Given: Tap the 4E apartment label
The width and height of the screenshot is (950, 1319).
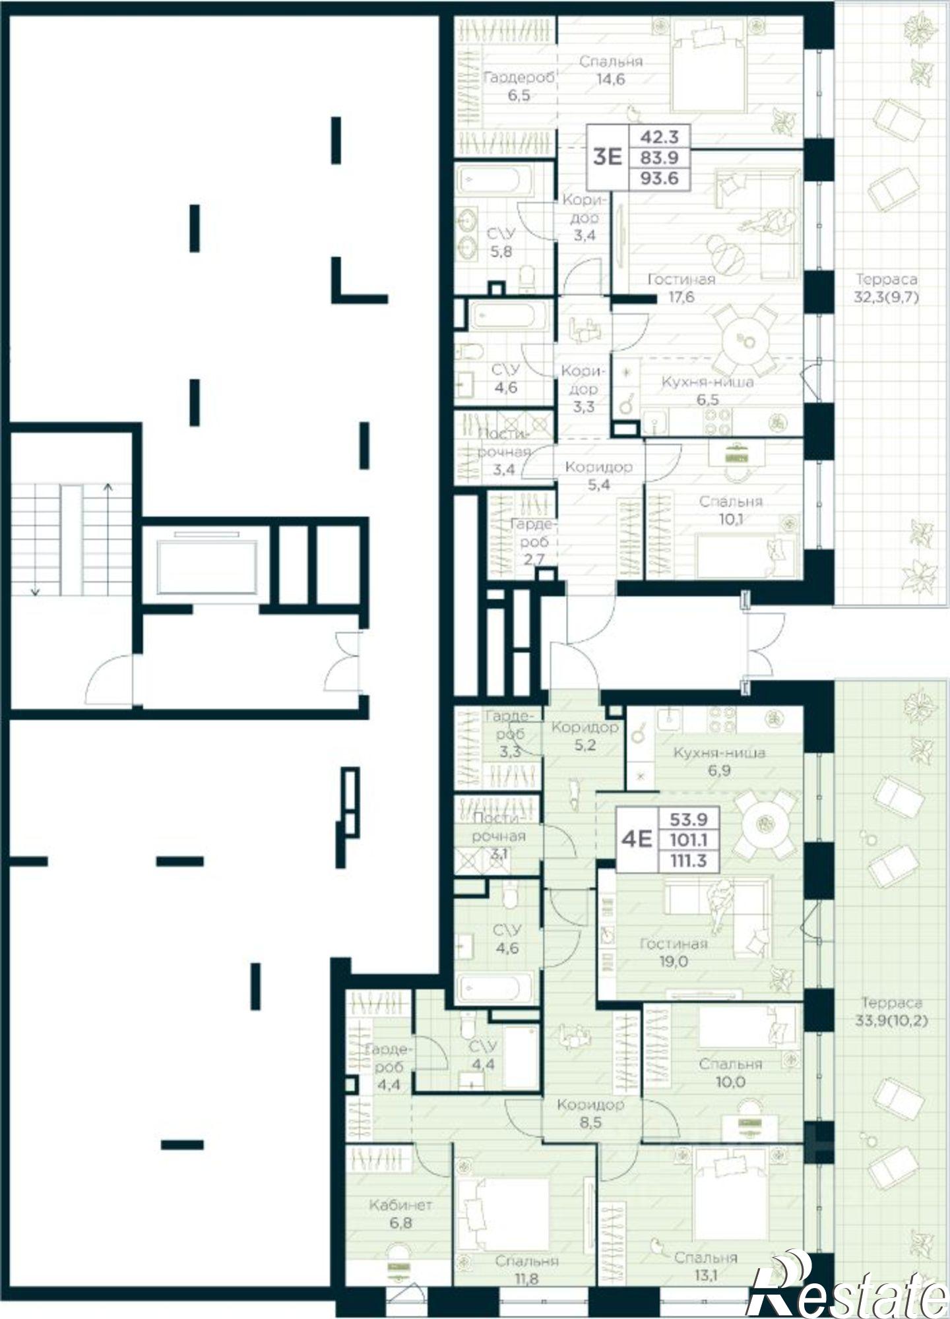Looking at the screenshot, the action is click(x=637, y=839).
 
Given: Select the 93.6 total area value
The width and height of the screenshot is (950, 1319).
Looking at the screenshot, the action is click(x=659, y=177).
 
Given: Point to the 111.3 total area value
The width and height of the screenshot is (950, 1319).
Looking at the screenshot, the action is click(x=688, y=860).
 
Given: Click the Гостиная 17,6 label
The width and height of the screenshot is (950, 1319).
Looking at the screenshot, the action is click(x=681, y=288).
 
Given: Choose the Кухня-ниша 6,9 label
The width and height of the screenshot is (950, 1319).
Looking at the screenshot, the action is click(x=719, y=761).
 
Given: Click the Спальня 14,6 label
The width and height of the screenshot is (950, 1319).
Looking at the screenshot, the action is click(x=611, y=70).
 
